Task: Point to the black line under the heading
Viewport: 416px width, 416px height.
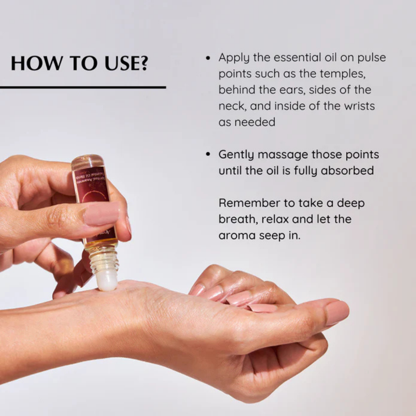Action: [83, 88]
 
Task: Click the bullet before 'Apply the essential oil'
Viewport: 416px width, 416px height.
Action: [208, 58]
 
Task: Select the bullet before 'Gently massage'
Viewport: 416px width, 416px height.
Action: [208, 155]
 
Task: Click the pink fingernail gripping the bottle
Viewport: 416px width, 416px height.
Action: [101, 214]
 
